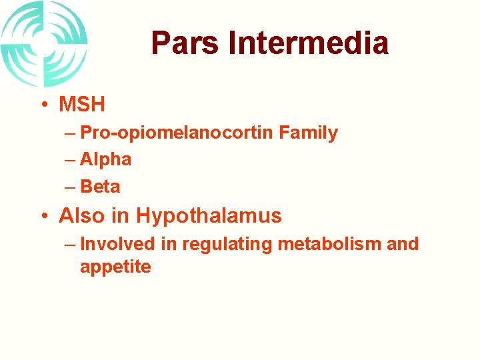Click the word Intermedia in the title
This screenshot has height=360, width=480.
(x=308, y=43)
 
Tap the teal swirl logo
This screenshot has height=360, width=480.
(x=44, y=43)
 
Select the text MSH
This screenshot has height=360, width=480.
(x=82, y=105)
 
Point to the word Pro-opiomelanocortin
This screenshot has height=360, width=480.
(x=177, y=133)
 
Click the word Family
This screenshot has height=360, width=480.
(x=308, y=133)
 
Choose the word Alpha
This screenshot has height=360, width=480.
(x=105, y=160)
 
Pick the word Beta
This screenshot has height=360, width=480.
(x=100, y=187)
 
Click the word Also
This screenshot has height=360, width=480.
(x=82, y=216)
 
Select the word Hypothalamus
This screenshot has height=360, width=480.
(x=209, y=216)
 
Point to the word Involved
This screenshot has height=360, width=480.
(x=117, y=244)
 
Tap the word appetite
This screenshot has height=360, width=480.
(x=115, y=267)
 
